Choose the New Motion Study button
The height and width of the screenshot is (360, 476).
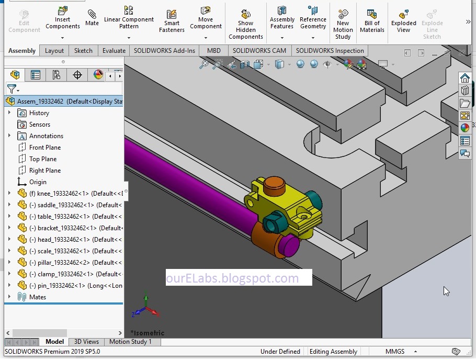[x=343, y=24]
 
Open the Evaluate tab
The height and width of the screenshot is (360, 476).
[x=114, y=51]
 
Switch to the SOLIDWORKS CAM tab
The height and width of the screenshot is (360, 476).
[x=259, y=51]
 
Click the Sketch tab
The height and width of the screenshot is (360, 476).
[x=83, y=51]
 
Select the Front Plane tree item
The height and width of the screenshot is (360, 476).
[x=45, y=148]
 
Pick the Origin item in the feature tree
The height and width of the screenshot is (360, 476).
[x=38, y=182]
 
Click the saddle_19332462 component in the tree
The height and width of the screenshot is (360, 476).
[x=67, y=205]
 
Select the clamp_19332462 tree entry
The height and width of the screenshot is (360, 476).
[x=65, y=274]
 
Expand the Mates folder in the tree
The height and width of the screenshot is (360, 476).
[x=9, y=297]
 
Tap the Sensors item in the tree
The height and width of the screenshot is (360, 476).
[x=40, y=125]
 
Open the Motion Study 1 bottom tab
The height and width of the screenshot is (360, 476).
[x=130, y=342]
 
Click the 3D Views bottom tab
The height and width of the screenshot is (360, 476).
[x=86, y=342]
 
